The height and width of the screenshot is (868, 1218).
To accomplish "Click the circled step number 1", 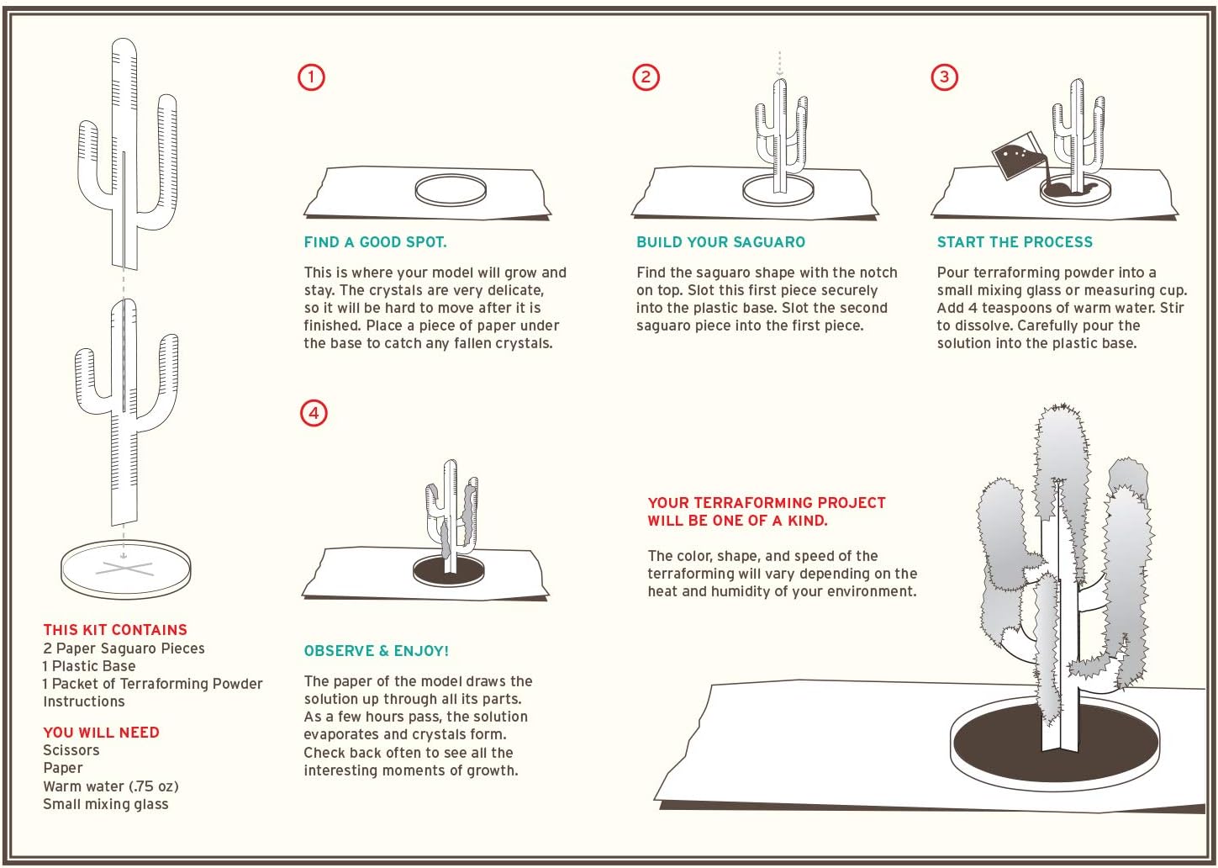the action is point(311,77).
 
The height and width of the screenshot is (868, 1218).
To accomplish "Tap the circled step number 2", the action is point(646,77).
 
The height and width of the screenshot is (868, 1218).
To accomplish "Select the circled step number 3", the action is point(945,77).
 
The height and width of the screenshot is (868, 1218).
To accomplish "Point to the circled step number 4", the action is point(314,413).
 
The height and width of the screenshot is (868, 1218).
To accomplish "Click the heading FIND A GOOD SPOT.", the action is point(375,242).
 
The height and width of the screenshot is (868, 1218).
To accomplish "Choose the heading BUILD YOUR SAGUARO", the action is point(720,242).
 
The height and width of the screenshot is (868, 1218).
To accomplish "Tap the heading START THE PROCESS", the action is point(1015,242).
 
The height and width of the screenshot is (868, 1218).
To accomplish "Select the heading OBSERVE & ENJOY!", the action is point(377,651).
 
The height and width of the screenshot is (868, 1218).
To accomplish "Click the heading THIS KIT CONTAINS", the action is point(115,630).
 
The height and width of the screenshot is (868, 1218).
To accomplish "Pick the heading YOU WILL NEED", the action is point(101,733).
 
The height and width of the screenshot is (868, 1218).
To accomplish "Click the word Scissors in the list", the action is point(71,750).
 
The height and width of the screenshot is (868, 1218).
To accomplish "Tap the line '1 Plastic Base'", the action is point(89,666).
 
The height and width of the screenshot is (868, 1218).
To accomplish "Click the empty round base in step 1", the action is point(451,189).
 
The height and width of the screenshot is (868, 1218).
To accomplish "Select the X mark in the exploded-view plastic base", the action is point(124,569).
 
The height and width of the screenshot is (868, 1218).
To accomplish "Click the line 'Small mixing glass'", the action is point(106,804).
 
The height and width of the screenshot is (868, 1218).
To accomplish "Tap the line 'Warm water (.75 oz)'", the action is point(111,786).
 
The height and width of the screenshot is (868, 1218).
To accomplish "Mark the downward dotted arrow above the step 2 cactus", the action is point(780,64).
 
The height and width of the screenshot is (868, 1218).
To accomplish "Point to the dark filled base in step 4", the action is point(448,570).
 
